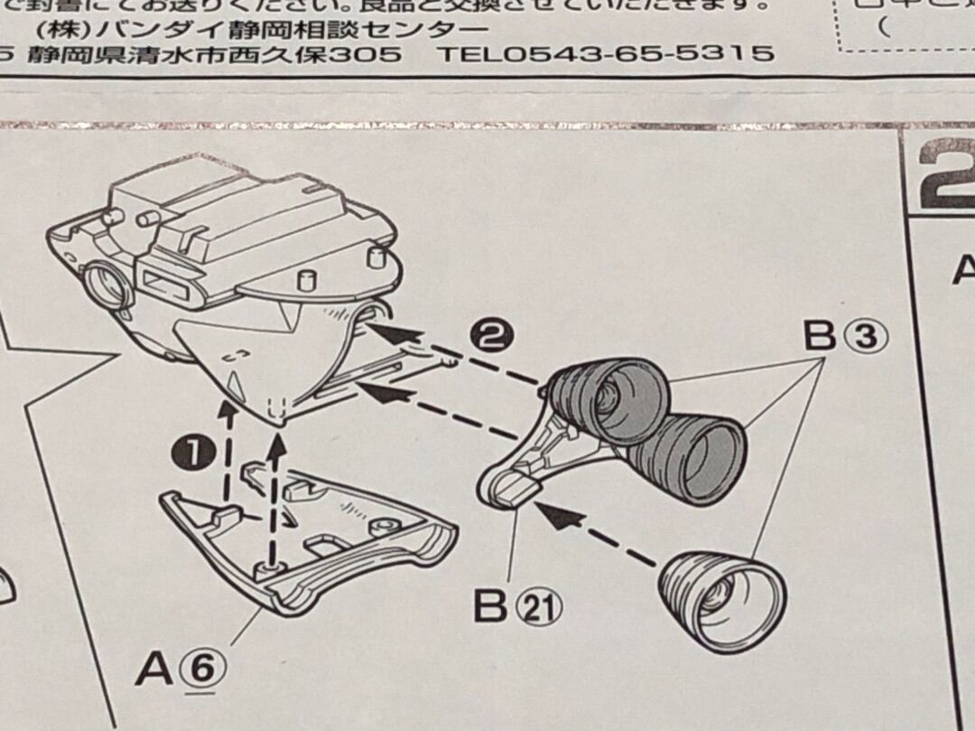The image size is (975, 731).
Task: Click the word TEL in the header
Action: (x=469, y=52)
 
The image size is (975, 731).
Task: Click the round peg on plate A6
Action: (x=269, y=566)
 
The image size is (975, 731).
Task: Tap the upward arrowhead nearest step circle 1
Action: (x=227, y=412)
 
